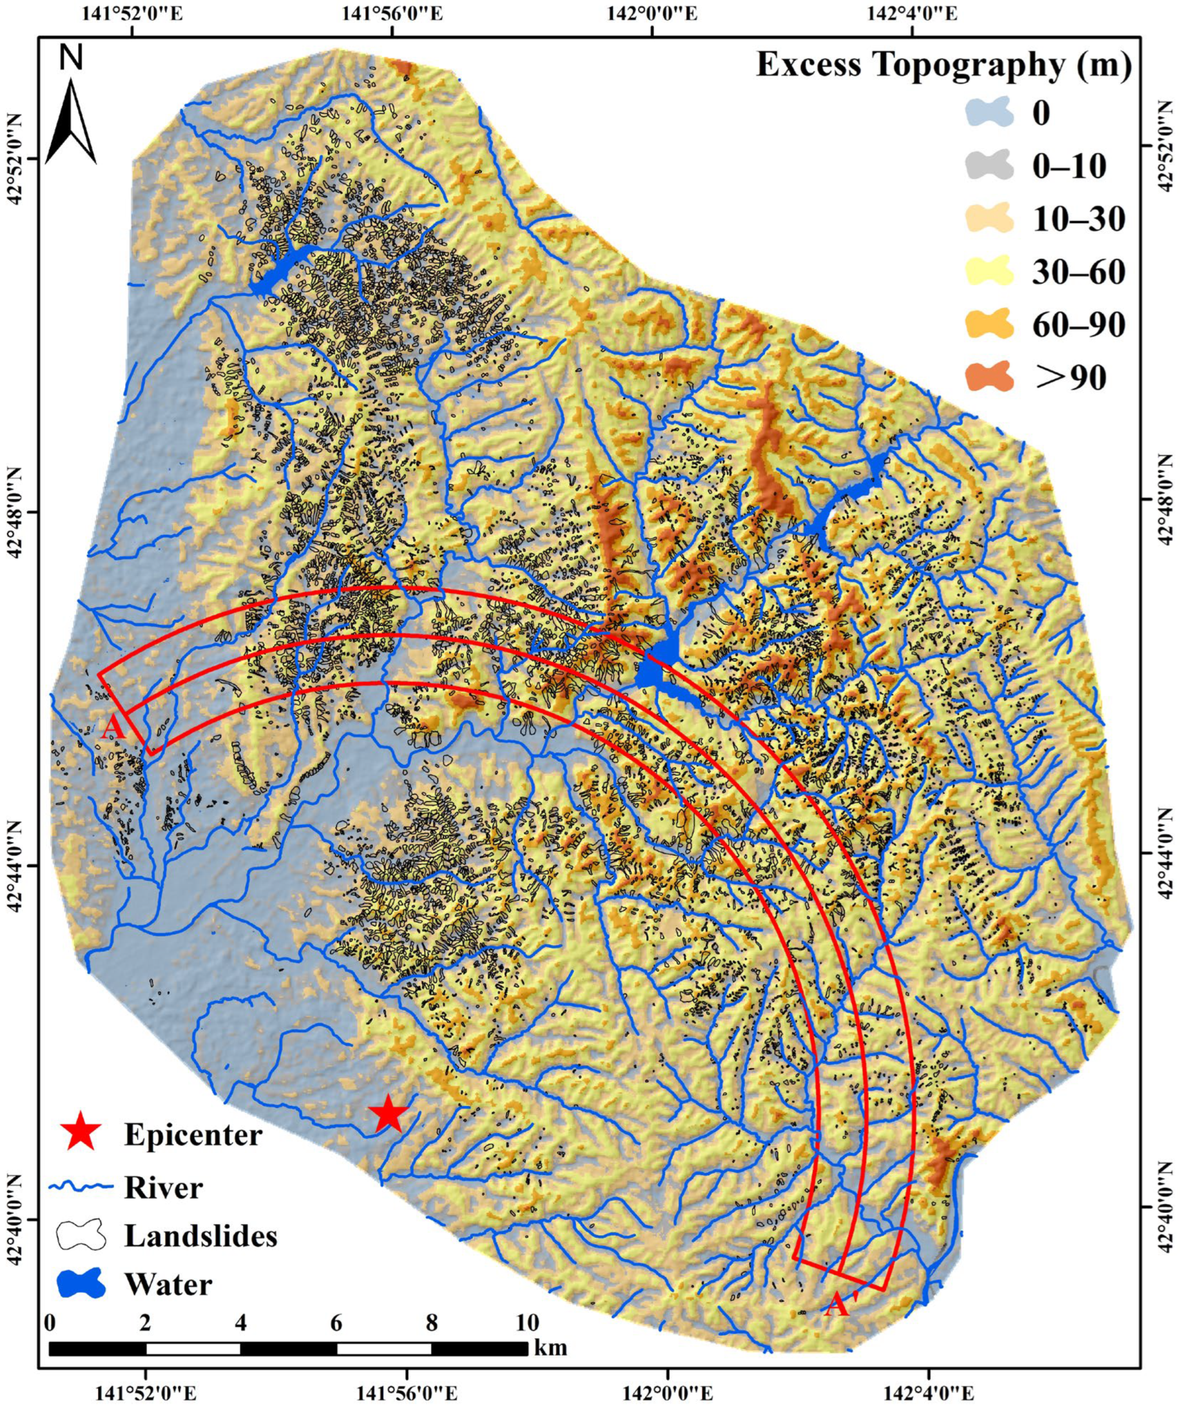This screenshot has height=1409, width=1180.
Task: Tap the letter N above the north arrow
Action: pos(71,58)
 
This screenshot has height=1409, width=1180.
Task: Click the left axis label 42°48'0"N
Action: pos(14,530)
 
